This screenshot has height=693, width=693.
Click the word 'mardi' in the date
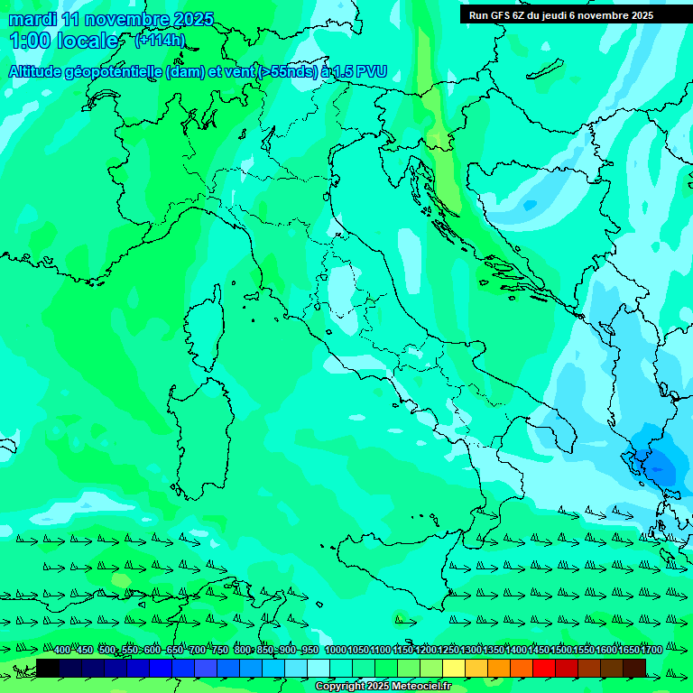[x=32, y=20]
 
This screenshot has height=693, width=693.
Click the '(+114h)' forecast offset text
[x=160, y=40]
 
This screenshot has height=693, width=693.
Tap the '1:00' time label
[x=29, y=41]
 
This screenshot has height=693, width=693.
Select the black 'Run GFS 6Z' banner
[x=574, y=15]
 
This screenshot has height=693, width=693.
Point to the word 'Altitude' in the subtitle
[x=41, y=72]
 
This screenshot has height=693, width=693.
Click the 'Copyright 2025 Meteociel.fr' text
[x=383, y=687]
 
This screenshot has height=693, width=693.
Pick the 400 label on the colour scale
[x=61, y=651]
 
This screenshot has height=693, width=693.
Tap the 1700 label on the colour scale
[x=626, y=651]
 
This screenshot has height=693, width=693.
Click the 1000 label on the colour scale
[x=335, y=651]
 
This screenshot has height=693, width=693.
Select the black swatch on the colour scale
[x=48, y=668]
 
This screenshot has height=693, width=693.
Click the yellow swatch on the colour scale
[x=454, y=668]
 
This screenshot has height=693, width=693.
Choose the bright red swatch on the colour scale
[x=544, y=668]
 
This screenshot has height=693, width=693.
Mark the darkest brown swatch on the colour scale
[x=634, y=668]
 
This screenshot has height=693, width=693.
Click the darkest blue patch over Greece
[x=660, y=465]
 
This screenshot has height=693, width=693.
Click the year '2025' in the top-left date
[x=193, y=20]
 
